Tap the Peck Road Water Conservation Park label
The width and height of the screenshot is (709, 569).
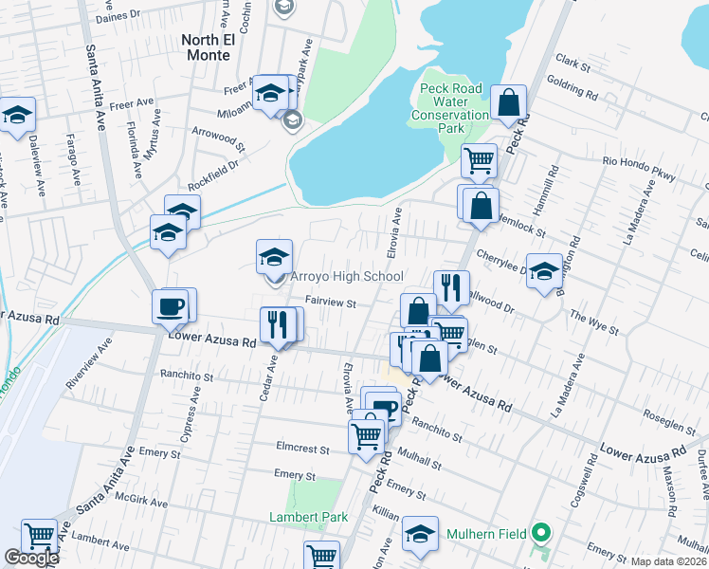click(451, 108)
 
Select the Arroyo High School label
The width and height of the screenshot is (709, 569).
click(346, 276)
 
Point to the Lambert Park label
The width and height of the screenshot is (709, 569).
click(308, 517)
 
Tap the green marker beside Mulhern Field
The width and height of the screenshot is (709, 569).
click(540, 533)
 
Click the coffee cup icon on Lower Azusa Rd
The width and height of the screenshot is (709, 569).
click(171, 306)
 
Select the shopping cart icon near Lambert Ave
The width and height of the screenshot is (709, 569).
click(39, 536)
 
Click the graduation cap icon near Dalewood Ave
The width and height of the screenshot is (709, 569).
click(17, 115)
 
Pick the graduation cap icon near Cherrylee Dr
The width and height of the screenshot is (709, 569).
click(544, 271)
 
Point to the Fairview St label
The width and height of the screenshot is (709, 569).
click(330, 304)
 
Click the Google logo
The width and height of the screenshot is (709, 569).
click(31, 559)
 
